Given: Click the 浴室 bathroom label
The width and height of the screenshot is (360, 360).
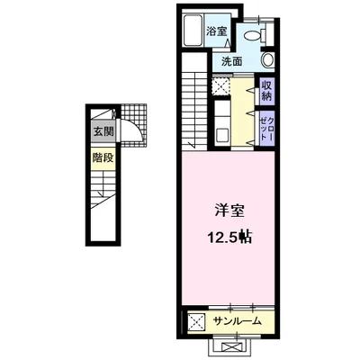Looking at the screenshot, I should click(218, 31).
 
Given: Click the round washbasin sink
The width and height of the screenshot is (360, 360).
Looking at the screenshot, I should click(266, 60).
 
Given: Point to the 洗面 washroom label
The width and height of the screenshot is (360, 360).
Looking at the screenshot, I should click(232, 61).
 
